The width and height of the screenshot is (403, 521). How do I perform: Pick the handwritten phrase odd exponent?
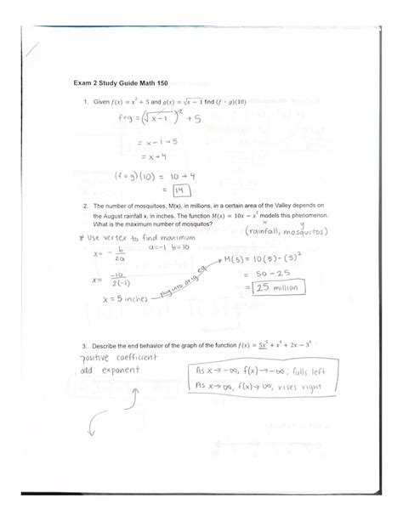tap(108, 371)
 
